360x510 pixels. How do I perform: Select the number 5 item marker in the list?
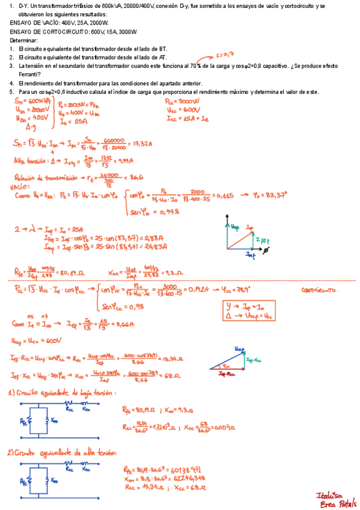[x=11, y=91]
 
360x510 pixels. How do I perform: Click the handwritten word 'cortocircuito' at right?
[x=319, y=289]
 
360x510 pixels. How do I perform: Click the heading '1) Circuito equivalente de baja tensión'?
[x=63, y=393]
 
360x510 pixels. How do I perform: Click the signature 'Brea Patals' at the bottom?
[x=340, y=503]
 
